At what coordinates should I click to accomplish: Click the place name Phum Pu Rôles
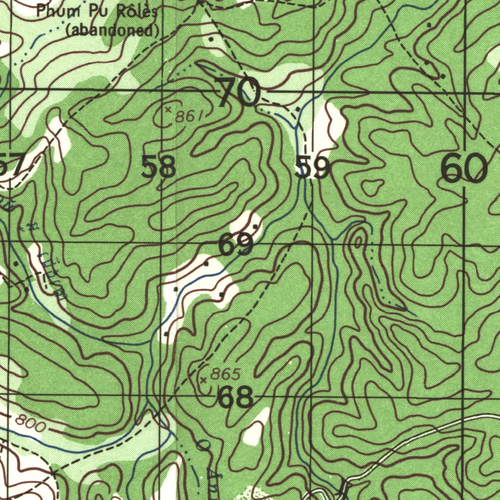(x=97, y=11)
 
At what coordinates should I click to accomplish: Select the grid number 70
(x=239, y=92)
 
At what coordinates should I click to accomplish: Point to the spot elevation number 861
(x=188, y=116)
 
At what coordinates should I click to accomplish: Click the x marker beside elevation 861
(x=168, y=109)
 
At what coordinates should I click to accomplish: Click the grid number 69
(x=236, y=244)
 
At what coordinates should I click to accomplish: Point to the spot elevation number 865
(x=225, y=375)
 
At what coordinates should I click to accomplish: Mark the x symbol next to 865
(x=203, y=379)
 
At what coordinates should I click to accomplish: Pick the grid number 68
(x=235, y=397)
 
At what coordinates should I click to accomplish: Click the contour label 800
(x=30, y=423)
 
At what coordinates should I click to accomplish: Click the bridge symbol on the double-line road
(x=344, y=486)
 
